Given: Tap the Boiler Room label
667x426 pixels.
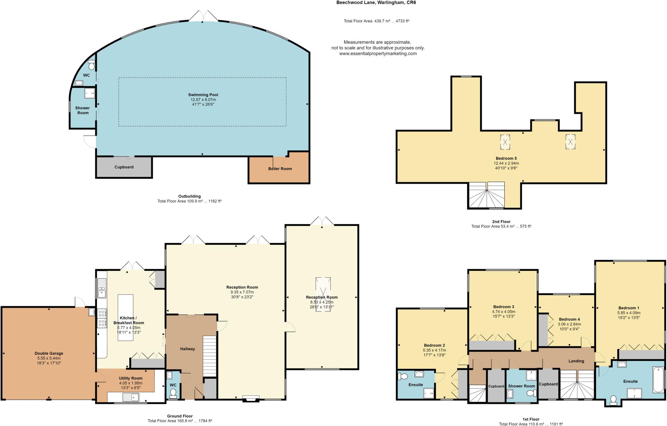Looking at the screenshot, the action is point(280,169).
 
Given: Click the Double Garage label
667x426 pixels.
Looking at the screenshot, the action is point(49,353).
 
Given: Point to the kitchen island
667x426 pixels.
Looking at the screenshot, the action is point(125,317).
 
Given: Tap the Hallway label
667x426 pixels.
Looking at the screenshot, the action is point(188,349).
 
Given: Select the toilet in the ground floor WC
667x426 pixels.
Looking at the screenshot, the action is point(173,393).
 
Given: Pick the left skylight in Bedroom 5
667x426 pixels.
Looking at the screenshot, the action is point(505,142).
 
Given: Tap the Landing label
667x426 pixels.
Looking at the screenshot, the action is point(576,361).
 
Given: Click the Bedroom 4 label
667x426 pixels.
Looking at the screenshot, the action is point(569,319).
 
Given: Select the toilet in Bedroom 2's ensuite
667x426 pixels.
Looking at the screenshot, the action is point(403,377).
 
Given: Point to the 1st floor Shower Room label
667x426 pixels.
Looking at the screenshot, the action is point(521,386).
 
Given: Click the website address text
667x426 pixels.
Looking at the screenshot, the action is point(378,54).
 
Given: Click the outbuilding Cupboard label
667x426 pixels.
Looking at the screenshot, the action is point(124,167).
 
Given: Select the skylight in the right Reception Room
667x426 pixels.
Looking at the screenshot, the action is point(323,294).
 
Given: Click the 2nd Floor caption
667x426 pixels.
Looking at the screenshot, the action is point(501,222).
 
